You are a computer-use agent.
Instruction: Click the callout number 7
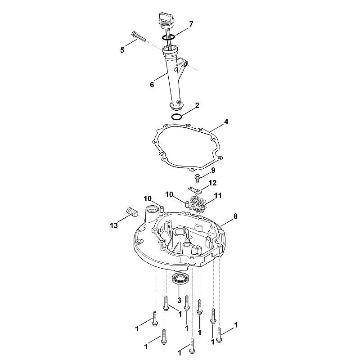191,24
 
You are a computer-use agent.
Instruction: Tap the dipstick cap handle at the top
166,18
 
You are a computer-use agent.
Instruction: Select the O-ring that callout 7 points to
168,37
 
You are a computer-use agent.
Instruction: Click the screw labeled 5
139,37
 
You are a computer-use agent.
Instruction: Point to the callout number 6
152,85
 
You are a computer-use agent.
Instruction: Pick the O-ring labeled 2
177,117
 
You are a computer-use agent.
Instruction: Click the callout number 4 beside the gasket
226,121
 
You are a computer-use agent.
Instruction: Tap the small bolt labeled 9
197,178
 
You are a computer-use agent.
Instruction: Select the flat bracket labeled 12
194,189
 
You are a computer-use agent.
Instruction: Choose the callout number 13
114,225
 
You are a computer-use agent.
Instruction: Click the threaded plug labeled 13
132,211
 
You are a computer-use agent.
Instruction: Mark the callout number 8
235,216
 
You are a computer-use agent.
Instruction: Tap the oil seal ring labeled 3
181,279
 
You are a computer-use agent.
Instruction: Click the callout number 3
179,300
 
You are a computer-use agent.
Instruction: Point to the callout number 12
212,183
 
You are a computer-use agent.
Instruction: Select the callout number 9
213,170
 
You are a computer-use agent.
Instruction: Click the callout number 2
197,106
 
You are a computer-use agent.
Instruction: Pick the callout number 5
122,50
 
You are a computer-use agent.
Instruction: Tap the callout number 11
218,196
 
